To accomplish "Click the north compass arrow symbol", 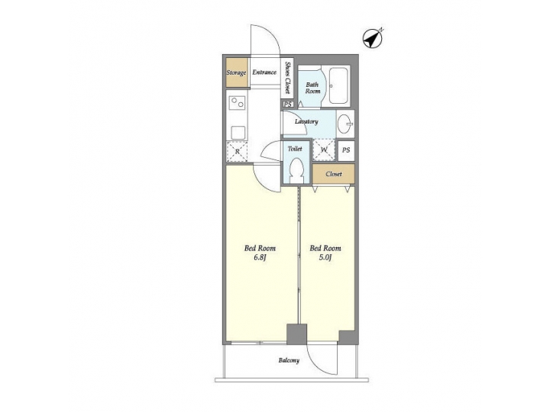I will point(372,37).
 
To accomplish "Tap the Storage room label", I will point(236,73).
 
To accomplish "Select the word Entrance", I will point(264,73).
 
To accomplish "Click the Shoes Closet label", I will point(288,76).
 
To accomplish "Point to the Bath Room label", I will point(313,87).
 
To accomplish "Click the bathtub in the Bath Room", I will point(339,86).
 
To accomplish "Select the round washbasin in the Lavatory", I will point(345,122).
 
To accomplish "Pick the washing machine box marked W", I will point(324,150).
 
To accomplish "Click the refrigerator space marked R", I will point(238,151).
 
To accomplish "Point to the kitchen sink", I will point(238,131).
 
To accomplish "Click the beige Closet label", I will point(334,174).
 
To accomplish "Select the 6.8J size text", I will point(260,258).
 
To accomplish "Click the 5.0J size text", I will point(325,258).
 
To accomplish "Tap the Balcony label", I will point(288,361).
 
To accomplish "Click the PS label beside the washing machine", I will point(346,150).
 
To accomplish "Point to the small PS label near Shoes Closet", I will point(287,105).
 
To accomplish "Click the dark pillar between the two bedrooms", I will point(296,334).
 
